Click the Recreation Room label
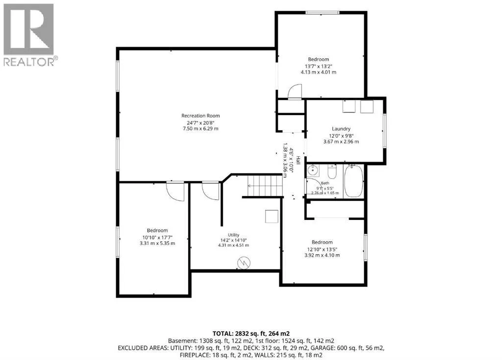click(201, 116)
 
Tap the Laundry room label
click(341, 129)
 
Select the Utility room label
click(233, 235)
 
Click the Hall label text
click(298, 160)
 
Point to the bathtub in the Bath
click(354, 181)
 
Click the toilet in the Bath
click(332, 171)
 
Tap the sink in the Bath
click(312, 170)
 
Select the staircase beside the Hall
click(265, 186)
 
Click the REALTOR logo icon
click(28, 29)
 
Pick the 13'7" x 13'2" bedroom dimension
click(318, 66)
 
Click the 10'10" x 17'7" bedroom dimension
click(157, 238)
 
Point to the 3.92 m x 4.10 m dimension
click(322, 255)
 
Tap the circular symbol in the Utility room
click(244, 263)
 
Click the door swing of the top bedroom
click(295, 92)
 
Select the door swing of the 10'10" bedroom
click(176, 191)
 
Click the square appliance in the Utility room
click(272, 216)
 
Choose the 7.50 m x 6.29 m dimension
click(201, 129)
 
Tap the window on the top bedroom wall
click(322, 12)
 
